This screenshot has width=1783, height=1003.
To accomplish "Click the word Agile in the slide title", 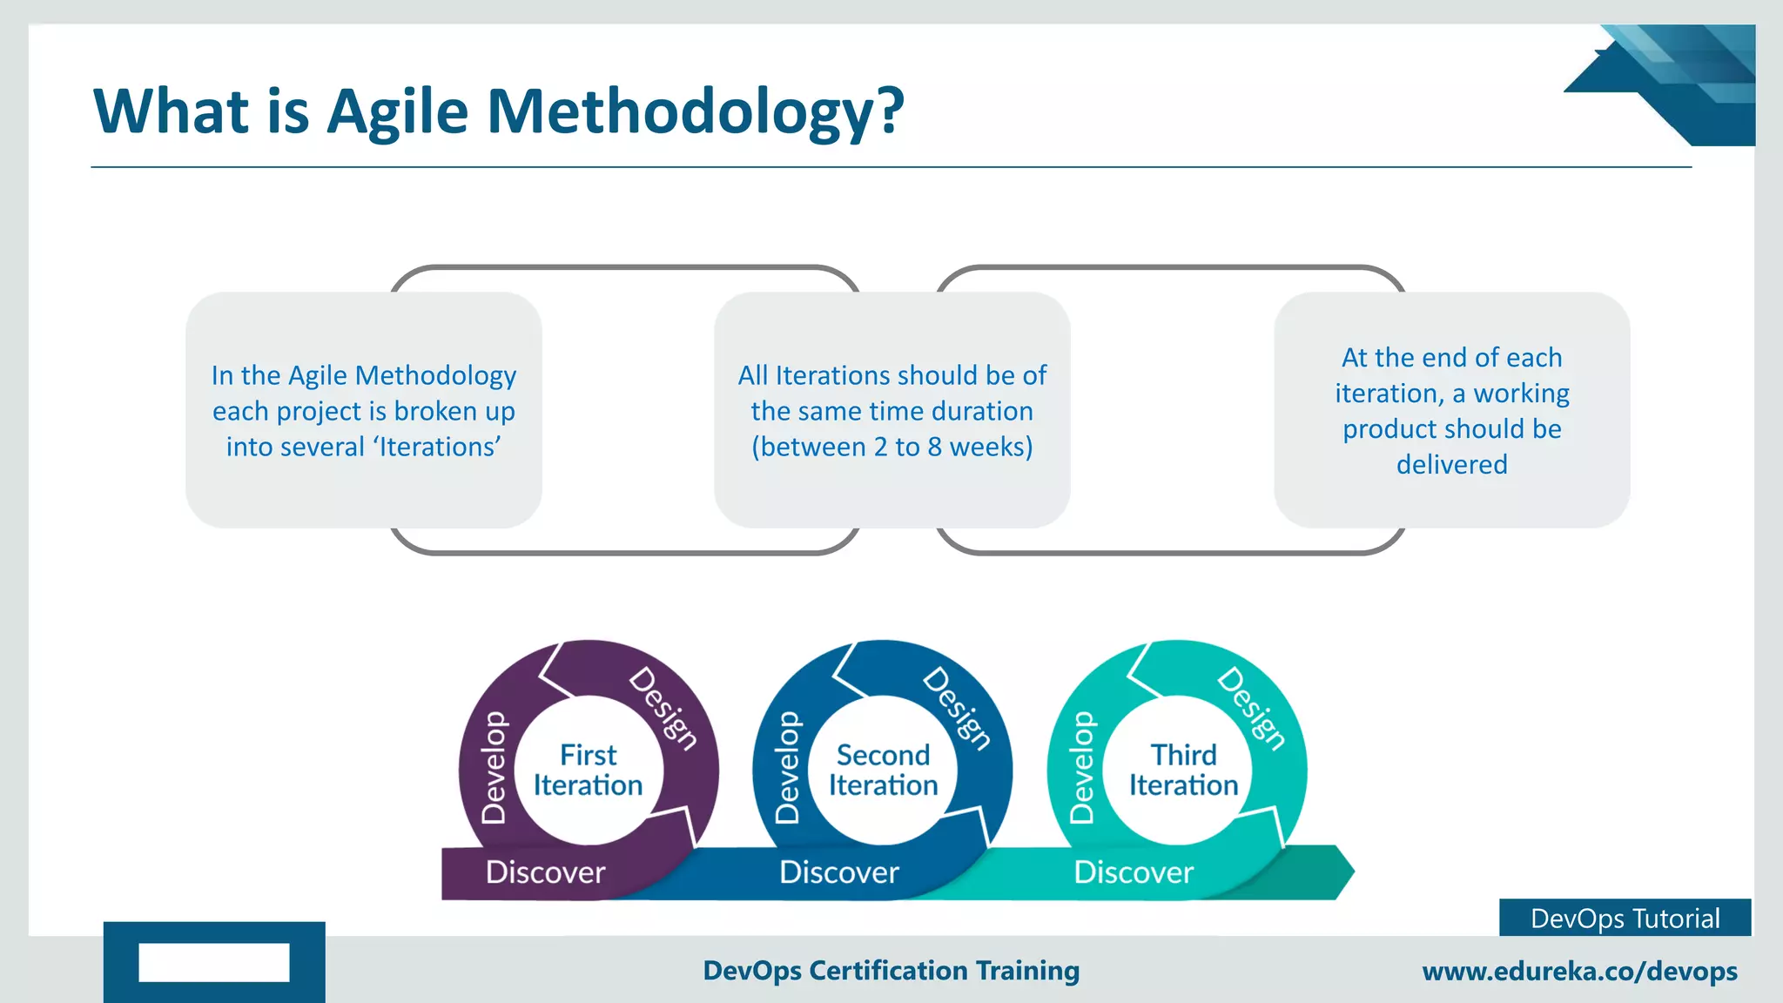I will [x=397, y=112].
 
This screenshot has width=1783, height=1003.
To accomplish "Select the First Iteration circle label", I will [x=589, y=770].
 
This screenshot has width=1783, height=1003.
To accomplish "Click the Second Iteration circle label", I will [x=883, y=770].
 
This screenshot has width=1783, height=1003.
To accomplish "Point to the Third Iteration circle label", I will [x=1183, y=770].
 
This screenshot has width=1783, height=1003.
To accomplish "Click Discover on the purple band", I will [x=545, y=872].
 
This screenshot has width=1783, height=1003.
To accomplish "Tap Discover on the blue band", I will [x=838, y=872].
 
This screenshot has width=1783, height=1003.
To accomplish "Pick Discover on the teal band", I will [x=1134, y=872].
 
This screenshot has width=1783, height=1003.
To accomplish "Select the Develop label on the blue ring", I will [x=787, y=767].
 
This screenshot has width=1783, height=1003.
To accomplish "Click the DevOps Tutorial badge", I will [x=1625, y=919].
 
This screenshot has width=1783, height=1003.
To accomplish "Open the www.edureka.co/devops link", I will [x=1579, y=971].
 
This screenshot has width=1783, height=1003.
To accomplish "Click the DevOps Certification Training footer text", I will [x=891, y=970].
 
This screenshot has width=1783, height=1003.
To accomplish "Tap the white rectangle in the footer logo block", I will [x=214, y=962].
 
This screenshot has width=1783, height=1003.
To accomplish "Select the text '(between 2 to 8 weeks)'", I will [x=891, y=447].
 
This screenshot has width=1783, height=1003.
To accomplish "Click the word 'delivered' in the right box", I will [x=1451, y=464].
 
